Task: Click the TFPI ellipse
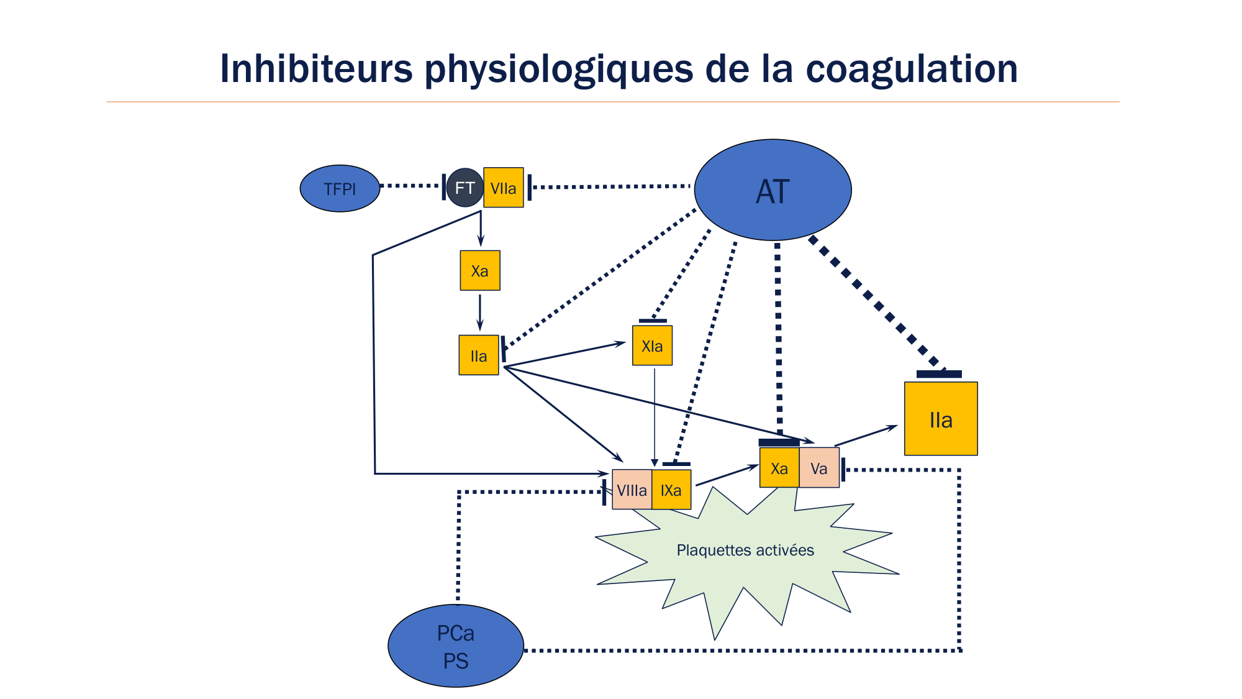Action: click(x=340, y=188)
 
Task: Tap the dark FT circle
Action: click(x=465, y=188)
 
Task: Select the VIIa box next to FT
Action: click(x=503, y=188)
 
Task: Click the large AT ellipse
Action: click(x=773, y=190)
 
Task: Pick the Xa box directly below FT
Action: click(x=479, y=270)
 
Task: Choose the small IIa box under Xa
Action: click(x=478, y=355)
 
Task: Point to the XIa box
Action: click(x=652, y=345)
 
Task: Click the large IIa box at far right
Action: click(x=941, y=419)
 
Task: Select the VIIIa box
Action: click(x=632, y=490)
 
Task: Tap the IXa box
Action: click(x=671, y=490)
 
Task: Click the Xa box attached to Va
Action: click(x=779, y=468)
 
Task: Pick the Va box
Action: click(x=819, y=468)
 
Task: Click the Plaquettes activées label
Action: click(x=745, y=550)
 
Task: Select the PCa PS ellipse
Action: click(x=456, y=646)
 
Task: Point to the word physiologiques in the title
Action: click(x=559, y=70)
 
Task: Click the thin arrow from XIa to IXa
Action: click(x=655, y=416)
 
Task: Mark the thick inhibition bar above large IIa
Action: click(x=939, y=374)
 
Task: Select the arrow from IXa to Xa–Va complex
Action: click(x=727, y=475)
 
